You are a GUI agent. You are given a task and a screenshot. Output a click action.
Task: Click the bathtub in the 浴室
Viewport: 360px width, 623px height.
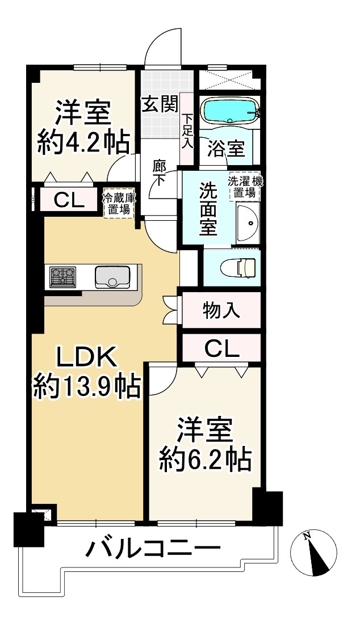[x=230, y=110]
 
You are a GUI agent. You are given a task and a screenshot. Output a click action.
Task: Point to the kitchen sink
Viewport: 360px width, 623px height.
[x=112, y=277]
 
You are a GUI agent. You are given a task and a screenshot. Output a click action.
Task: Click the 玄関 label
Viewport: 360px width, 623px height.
[x=159, y=104]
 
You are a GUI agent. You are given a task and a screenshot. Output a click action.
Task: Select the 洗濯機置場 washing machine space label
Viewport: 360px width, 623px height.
[x=245, y=187]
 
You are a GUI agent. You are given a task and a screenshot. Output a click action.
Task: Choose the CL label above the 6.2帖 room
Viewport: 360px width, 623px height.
[x=221, y=350]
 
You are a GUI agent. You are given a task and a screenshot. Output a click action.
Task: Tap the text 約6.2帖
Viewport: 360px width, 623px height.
[x=204, y=460]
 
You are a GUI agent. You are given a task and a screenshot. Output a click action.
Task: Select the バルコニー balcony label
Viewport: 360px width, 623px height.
[x=153, y=548]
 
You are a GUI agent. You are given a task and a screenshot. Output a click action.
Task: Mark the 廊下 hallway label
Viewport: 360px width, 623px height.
[x=160, y=172]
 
